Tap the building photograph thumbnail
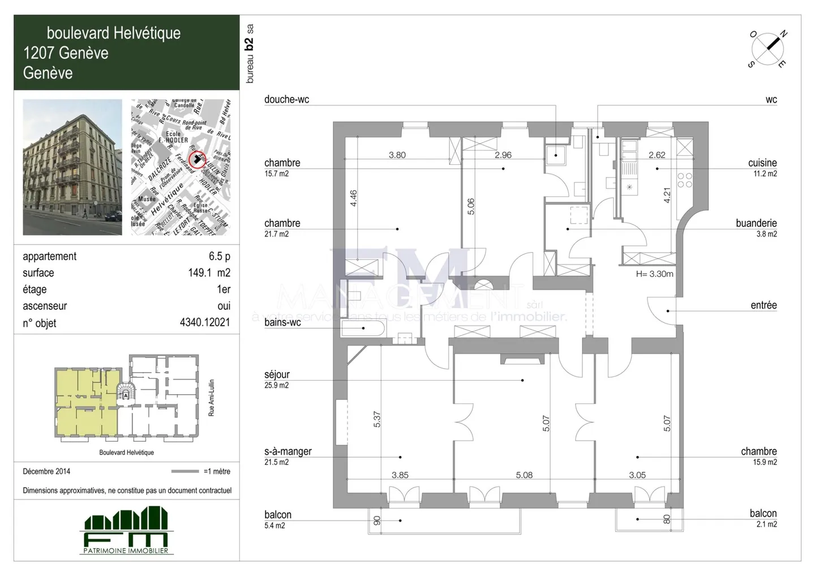pos(72,167)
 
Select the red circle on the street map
pos(196,159)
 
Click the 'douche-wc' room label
pos(286,100)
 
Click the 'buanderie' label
pos(756,223)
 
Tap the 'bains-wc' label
pos(282,322)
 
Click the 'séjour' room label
pos(277,374)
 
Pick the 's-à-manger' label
pos(288,451)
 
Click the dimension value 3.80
pos(397,155)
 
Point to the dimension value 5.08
pos(524,475)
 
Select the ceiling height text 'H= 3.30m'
pos(654,274)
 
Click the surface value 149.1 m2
pos(209,273)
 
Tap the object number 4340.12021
pos(204,323)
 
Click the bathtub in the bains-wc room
pos(363,328)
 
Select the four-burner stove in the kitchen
pos(684,180)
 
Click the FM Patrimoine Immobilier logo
pos(126,531)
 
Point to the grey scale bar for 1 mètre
pos(185,471)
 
